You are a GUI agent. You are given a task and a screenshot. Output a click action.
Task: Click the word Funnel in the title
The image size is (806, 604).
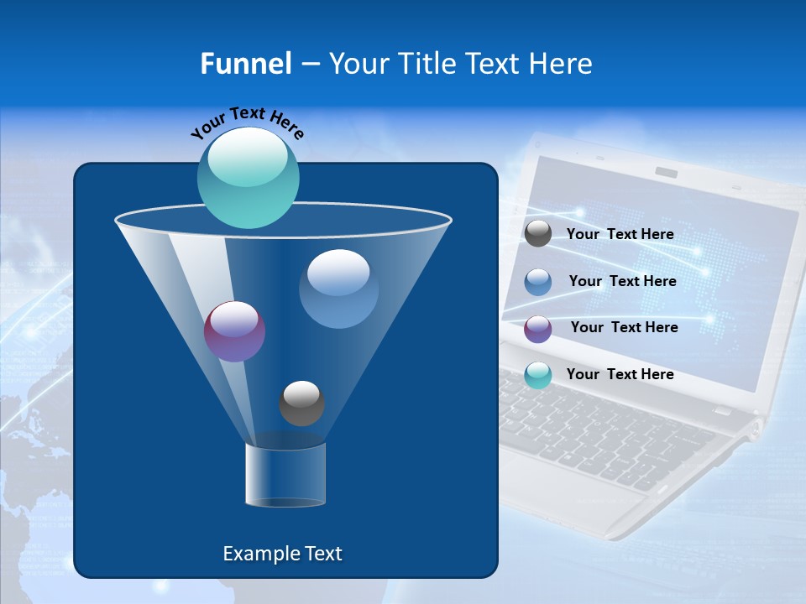pos(246,64)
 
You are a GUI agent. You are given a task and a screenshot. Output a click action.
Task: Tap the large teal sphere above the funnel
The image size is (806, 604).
pos(248,177)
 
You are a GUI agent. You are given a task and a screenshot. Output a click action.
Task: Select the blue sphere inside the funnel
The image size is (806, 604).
pos(338,289)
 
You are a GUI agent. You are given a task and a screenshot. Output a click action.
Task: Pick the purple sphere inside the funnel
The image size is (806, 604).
pos(234,331)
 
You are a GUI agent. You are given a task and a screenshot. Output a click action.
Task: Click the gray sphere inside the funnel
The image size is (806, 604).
pos(301,403)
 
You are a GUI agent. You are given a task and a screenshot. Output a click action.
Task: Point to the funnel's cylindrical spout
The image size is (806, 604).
pos(285,475)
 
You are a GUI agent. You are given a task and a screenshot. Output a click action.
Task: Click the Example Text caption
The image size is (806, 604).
pos(282,554)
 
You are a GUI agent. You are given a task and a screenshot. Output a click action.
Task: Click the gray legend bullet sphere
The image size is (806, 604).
pos(538,233)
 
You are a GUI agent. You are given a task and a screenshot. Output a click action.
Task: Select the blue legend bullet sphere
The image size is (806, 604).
pos(538,281)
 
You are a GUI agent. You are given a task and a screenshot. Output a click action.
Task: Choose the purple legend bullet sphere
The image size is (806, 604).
pos(538,328)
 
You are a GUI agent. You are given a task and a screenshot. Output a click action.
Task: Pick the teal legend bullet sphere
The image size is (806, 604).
pos(538,375)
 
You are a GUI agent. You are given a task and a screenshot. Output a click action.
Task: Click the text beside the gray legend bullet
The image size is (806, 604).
pos(620,234)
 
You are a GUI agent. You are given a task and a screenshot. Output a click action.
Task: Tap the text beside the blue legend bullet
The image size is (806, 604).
pos(622,281)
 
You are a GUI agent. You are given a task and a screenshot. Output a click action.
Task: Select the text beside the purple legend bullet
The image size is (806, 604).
pos(624,327)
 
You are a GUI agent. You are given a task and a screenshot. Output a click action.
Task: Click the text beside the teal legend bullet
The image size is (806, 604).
pos(620,374)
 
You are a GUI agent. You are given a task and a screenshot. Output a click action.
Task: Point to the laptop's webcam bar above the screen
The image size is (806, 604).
pos(667,172)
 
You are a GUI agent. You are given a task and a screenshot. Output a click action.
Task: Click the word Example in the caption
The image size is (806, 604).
pos(254,554)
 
